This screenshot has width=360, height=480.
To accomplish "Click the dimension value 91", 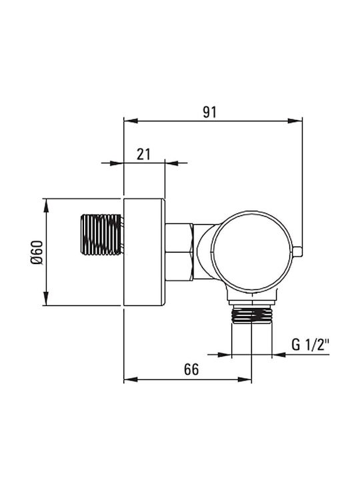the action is click(210, 113).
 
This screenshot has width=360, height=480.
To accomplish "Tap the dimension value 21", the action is click(143, 154).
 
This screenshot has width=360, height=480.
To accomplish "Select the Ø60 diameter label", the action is click(37, 252).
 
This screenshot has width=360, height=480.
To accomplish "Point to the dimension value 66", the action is click(191, 369).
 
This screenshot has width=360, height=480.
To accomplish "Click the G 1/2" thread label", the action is click(310, 345).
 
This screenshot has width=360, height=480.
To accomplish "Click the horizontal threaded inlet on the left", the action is click(101, 235).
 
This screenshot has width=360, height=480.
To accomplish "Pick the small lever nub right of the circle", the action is click(297, 251).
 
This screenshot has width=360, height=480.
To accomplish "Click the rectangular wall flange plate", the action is click(144, 252).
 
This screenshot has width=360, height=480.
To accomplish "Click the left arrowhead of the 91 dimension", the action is click(130, 121).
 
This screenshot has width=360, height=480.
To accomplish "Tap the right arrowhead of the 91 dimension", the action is click(295, 121).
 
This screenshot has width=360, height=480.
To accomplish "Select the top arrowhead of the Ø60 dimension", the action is click(46, 205).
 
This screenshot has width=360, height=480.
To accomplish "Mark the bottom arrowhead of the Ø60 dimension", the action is click(46, 299).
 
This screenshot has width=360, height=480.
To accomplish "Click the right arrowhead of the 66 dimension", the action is click(245, 379).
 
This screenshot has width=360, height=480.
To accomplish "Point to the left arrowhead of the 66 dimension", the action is click(131, 379).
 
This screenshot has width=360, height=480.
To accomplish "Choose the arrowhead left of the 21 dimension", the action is click(117, 163).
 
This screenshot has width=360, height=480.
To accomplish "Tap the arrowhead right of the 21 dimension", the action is click(172, 163).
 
